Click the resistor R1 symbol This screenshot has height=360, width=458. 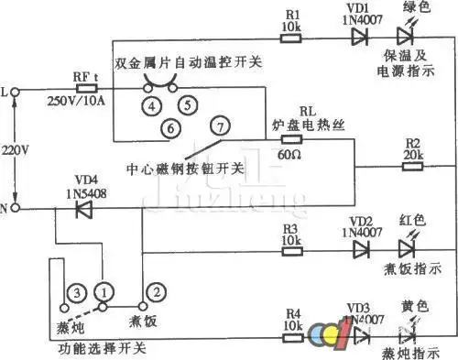(x=292, y=39)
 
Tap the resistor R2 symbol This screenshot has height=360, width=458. (x=413, y=169)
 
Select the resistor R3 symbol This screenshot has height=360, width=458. (x=291, y=249)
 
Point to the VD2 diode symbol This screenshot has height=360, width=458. (x=359, y=249)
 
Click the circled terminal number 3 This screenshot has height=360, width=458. (x=78, y=292)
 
